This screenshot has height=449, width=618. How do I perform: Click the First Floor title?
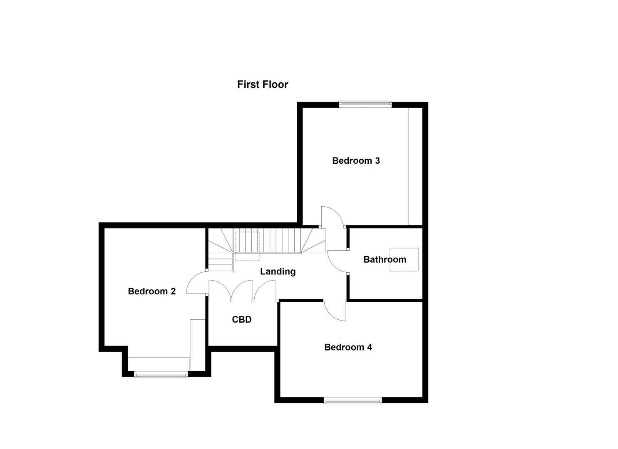click(x=263, y=84)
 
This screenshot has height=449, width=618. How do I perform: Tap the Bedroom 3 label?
click(x=356, y=161)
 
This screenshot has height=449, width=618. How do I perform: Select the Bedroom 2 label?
click(x=151, y=291)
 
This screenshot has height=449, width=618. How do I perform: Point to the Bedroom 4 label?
click(x=348, y=347)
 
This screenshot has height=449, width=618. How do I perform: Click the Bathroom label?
click(x=385, y=259)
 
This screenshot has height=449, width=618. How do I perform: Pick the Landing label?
click(x=278, y=271)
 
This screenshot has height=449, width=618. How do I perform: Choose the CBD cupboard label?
click(x=241, y=319)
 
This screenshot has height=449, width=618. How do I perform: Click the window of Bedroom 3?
click(x=365, y=104)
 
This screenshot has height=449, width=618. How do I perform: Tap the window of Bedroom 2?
click(x=161, y=375)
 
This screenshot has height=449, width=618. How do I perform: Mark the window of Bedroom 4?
click(x=352, y=401)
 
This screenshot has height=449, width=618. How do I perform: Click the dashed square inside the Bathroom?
click(x=404, y=260)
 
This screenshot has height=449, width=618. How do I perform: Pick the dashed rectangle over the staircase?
click(x=247, y=247)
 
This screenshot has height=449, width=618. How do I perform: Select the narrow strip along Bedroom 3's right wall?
click(x=415, y=166)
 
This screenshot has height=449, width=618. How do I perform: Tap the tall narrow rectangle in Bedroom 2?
click(x=197, y=344)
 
